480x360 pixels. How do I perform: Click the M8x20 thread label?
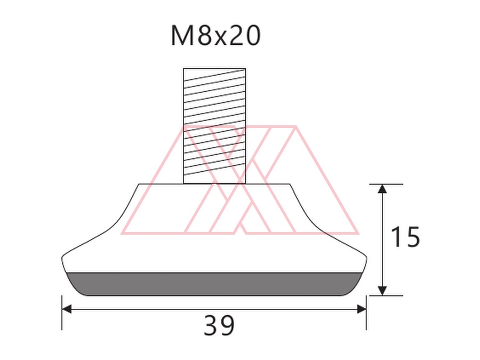[x=215, y=36]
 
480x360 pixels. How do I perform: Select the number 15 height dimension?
[x=406, y=237]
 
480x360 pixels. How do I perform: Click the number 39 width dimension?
[x=219, y=325]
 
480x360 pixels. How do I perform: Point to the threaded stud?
[x=214, y=126]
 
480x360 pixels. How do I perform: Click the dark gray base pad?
[x=214, y=284]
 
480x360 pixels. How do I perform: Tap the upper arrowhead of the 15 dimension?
[x=382, y=189]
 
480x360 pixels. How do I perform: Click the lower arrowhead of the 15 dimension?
[x=382, y=291]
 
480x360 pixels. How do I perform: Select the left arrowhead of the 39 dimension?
[x=67, y=309]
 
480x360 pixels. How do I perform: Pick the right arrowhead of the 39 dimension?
[x=362, y=309]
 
